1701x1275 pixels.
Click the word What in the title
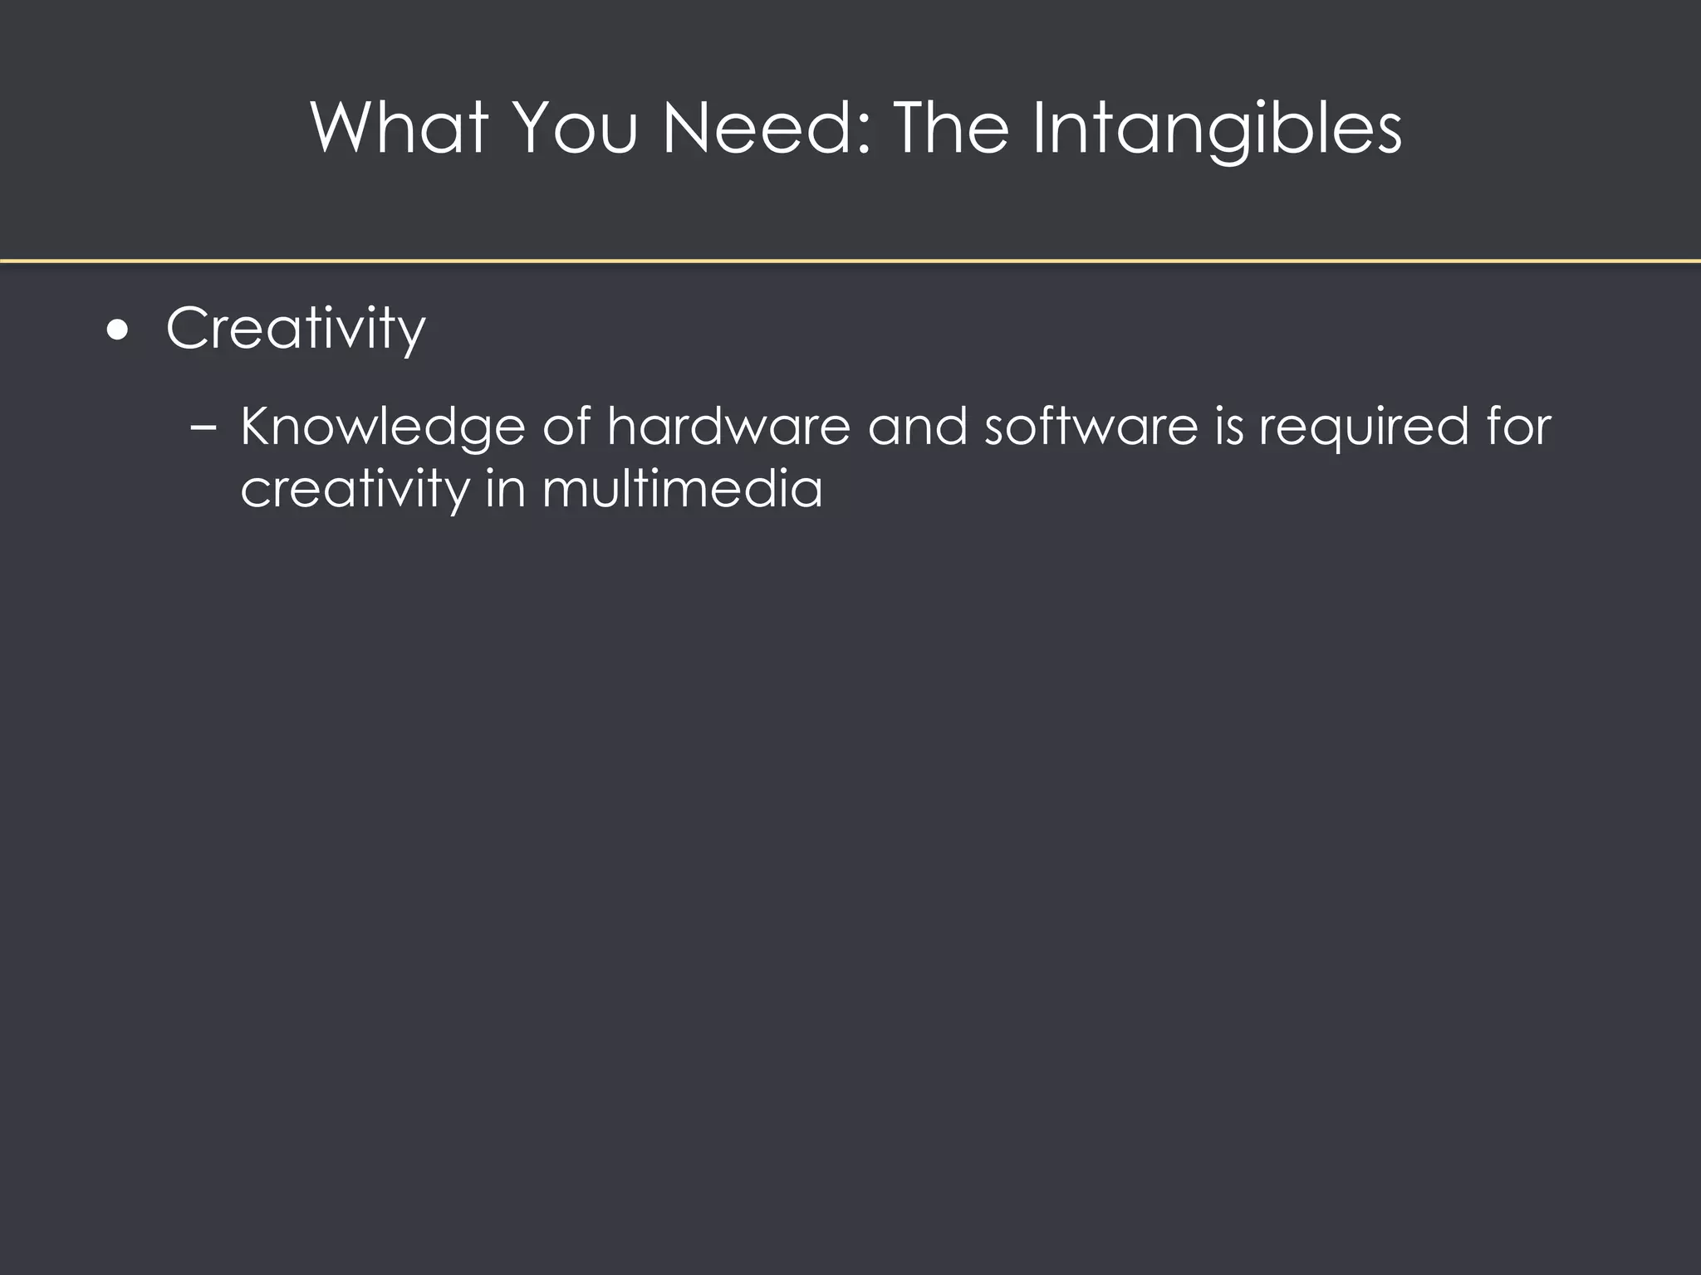[x=400, y=128]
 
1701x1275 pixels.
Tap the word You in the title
[x=576, y=128]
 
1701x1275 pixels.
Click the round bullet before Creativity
[x=118, y=330]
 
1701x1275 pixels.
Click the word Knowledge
[x=383, y=428]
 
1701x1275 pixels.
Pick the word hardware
[x=728, y=427]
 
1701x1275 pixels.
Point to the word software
[x=1091, y=427]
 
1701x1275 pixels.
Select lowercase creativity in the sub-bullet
[x=355, y=490]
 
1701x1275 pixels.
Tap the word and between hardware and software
[x=917, y=427]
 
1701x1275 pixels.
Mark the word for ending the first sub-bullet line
[x=1518, y=427]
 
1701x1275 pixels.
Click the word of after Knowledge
[x=566, y=427]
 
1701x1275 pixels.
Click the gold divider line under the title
[x=850, y=261]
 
